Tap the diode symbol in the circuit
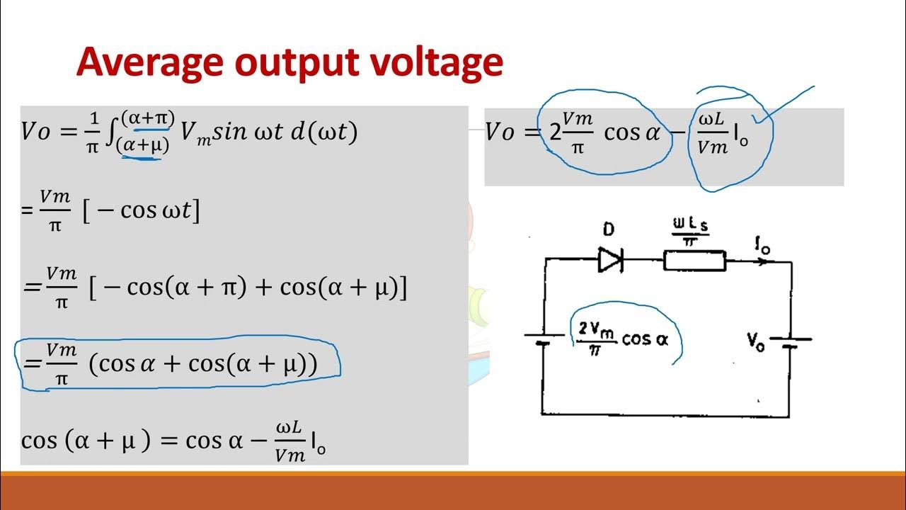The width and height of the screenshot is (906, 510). (610, 260)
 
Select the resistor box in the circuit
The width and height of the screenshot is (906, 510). (694, 261)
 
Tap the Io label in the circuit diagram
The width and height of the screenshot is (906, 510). (763, 246)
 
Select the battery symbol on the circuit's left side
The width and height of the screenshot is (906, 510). (543, 339)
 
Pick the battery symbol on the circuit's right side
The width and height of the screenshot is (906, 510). (791, 341)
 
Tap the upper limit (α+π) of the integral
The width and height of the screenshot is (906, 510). (147, 117)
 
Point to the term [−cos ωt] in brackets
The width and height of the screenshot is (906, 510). (141, 210)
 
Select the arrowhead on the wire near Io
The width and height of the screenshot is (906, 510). (762, 261)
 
